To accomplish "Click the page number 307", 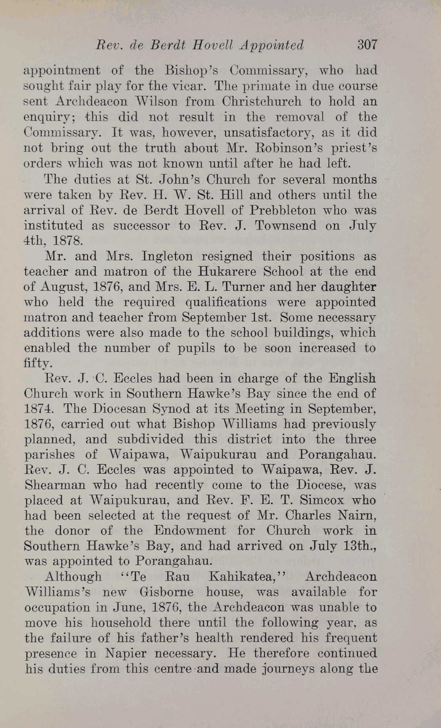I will click(367, 45).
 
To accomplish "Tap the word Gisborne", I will click(172, 592).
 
